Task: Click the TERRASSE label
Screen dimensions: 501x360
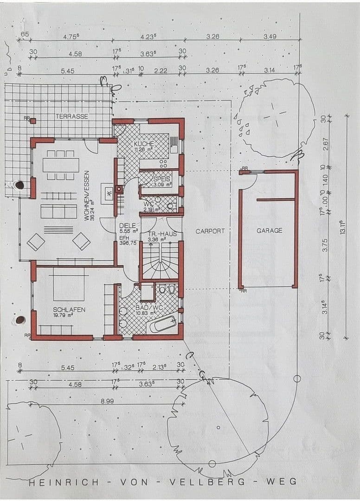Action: [x=72, y=116]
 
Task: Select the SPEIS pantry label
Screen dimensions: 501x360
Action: [x=162, y=179]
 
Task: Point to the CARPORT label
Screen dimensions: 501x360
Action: [x=210, y=231]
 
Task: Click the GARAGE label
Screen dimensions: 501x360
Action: [x=269, y=231]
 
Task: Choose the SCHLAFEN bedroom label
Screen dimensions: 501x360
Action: [x=69, y=309]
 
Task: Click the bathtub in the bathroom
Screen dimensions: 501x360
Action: [x=162, y=324]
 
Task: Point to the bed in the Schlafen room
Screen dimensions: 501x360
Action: [x=69, y=285]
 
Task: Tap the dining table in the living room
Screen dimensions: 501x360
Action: [x=61, y=165]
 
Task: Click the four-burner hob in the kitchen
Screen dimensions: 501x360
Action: [x=163, y=163]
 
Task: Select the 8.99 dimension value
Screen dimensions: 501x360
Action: [x=107, y=400]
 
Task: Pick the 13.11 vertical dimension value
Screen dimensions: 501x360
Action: [x=343, y=228]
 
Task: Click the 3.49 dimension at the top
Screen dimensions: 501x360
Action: [x=270, y=36]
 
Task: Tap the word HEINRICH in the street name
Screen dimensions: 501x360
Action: [x=64, y=482]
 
